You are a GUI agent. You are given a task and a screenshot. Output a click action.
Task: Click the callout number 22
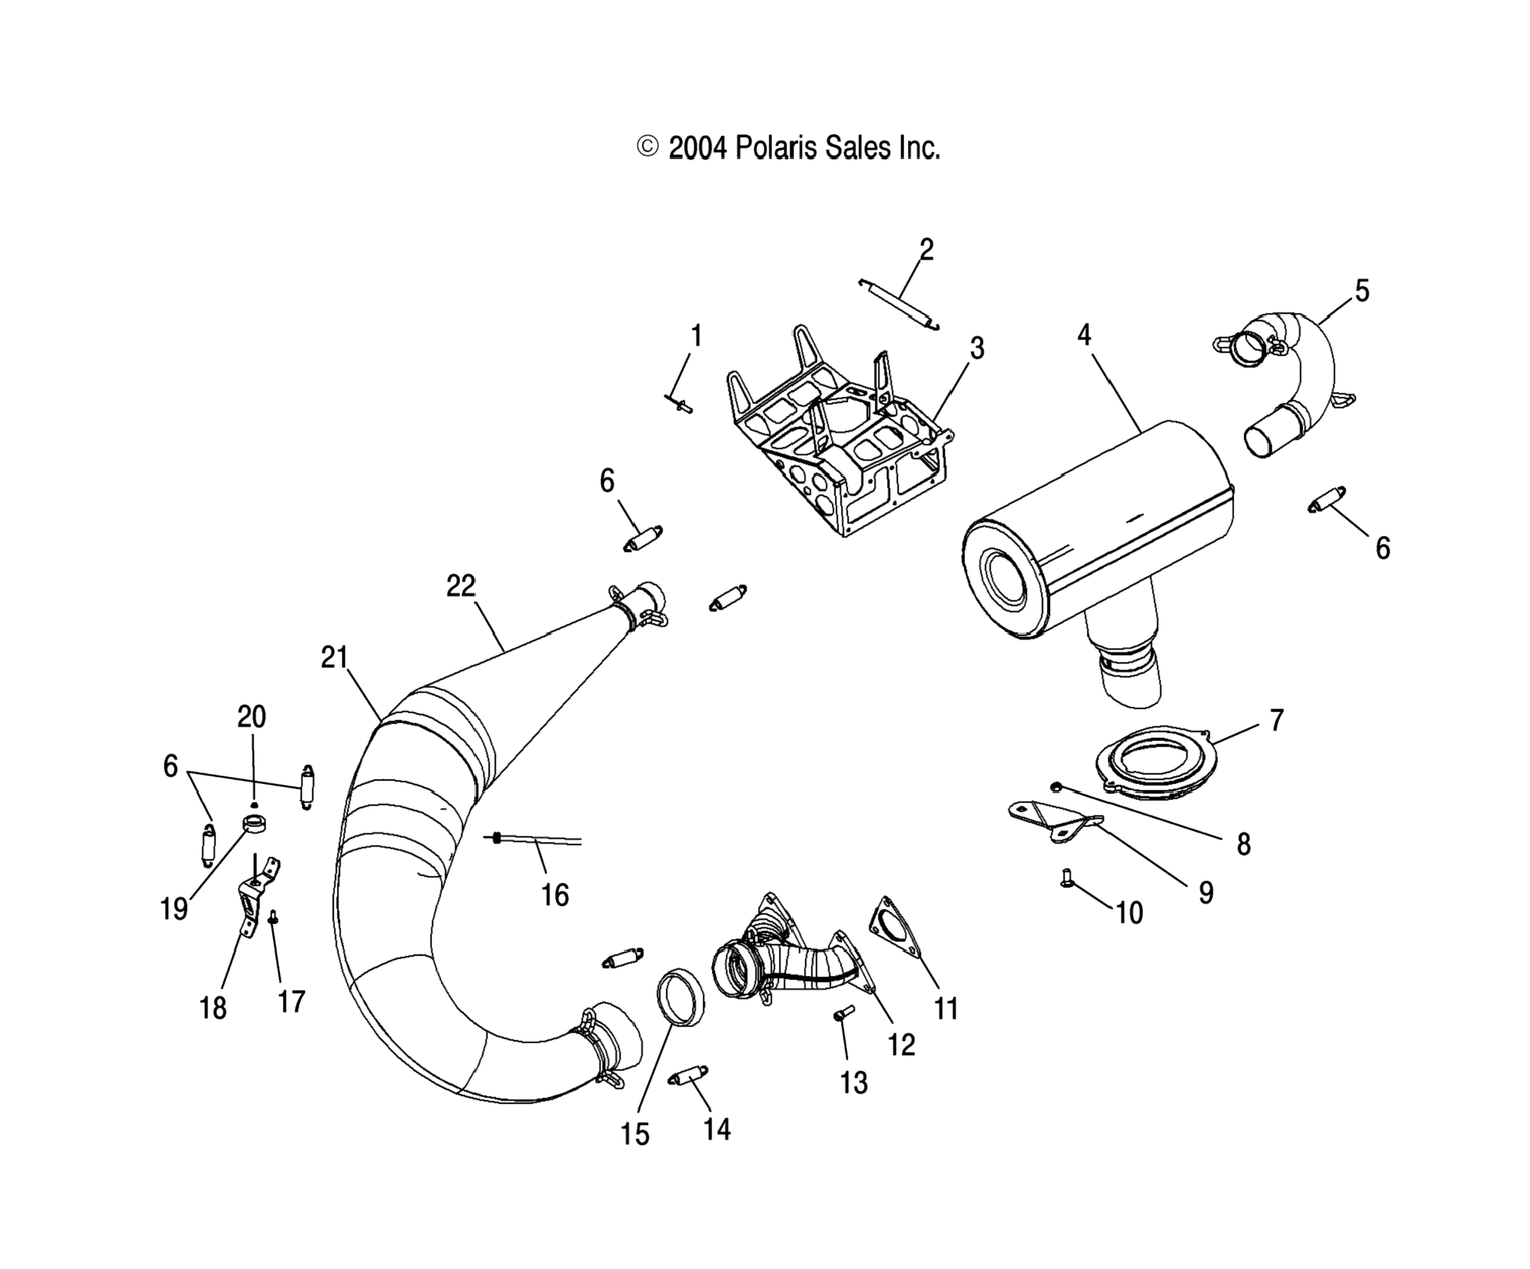pos(460,586)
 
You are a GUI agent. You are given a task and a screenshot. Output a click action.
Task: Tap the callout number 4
pos(1084,335)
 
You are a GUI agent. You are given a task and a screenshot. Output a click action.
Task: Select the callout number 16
pos(555,895)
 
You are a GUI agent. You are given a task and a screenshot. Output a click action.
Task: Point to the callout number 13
pos(854,1083)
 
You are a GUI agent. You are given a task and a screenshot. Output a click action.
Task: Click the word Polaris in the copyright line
pos(776,148)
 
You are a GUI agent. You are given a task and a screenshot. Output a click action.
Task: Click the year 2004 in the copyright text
pos(698,148)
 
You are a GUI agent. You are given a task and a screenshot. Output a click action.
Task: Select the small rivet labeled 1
pos(679,403)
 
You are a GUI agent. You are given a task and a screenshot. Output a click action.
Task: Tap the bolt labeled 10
pos(1066,879)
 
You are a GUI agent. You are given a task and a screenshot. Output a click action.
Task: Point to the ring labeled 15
pos(681,997)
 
